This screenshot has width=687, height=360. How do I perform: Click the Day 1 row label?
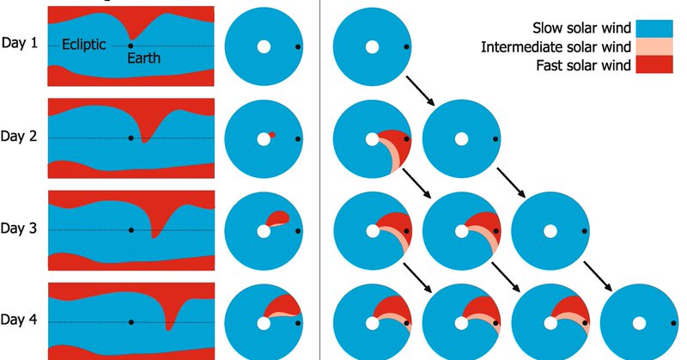pos(19,42)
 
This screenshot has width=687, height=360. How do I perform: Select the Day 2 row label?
pos(19,136)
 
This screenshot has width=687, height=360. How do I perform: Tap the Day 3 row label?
pos(19,229)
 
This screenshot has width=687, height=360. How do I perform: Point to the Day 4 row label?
pos(19,320)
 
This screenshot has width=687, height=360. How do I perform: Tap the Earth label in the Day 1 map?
pos(143,58)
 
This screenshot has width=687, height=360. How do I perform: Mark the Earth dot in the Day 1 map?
pos(130,46)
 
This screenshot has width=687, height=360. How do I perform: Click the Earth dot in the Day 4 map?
pos(131,322)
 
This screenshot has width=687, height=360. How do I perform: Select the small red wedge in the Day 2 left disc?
pos(272,135)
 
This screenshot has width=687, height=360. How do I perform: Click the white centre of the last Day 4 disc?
pos(639,322)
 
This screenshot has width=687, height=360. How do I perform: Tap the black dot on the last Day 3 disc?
pos(588,230)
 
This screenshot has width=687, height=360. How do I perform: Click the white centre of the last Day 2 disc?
pos(461,138)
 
